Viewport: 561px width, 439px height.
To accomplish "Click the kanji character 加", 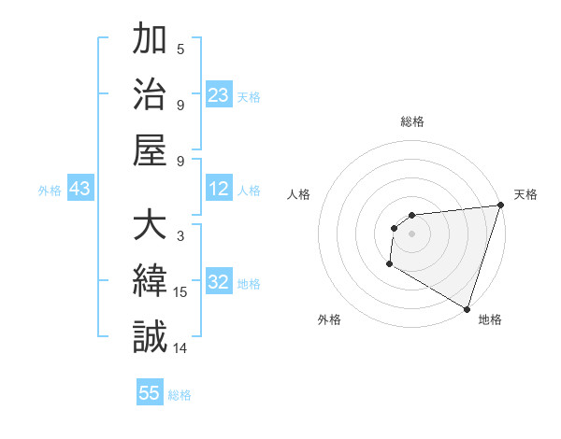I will pyautogui.click(x=150, y=42).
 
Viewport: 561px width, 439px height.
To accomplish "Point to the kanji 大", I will pyautogui.click(x=150, y=227).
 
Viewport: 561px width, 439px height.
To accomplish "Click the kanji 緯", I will pyautogui.click(x=150, y=281).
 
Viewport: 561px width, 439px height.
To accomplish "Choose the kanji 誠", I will pyautogui.click(x=150, y=335).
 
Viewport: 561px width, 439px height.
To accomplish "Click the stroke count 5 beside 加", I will pyautogui.click(x=180, y=50).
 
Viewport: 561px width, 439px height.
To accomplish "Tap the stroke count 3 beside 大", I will pyautogui.click(x=180, y=236).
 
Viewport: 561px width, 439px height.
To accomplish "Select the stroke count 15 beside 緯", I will pyautogui.click(x=181, y=292).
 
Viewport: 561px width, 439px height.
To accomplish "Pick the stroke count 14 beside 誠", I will pyautogui.click(x=181, y=347).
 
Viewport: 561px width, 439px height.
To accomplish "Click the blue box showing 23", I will pyautogui.click(x=219, y=95).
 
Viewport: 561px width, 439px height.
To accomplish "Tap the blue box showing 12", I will pyautogui.click(x=219, y=190).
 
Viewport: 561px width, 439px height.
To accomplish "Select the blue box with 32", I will pyautogui.click(x=219, y=282).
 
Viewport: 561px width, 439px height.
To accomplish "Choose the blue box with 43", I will pyautogui.click(x=79, y=190).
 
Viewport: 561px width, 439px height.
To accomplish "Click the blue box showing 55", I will pyautogui.click(x=150, y=393).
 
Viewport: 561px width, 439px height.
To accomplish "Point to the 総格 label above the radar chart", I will pyautogui.click(x=411, y=121).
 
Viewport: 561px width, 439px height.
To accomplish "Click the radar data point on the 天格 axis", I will pyautogui.click(x=499, y=205).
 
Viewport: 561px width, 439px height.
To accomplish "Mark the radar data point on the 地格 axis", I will pyautogui.click(x=466, y=308).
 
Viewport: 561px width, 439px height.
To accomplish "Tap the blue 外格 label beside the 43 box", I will pyautogui.click(x=50, y=191).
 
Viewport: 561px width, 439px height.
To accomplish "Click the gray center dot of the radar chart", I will pyautogui.click(x=411, y=234).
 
